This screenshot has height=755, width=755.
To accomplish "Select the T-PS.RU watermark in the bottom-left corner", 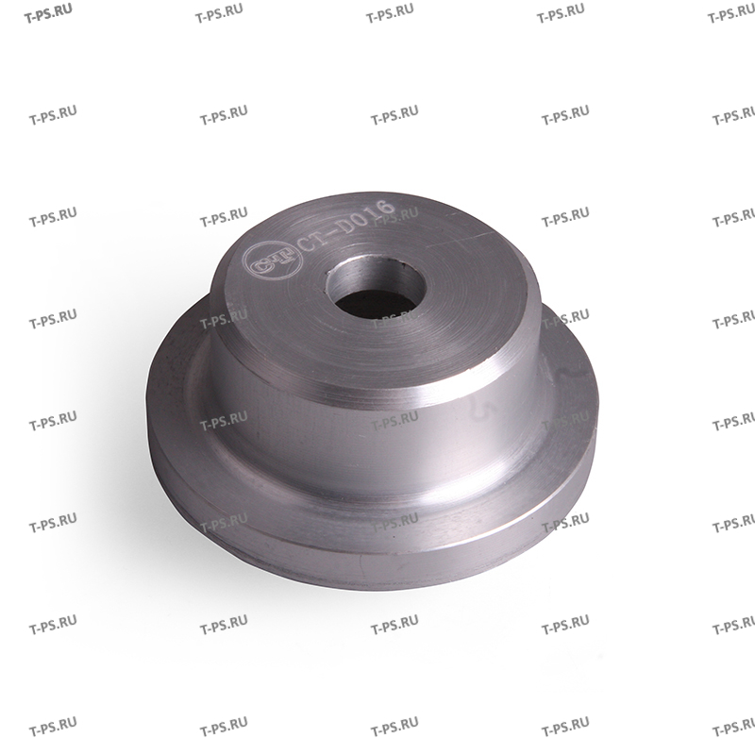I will pos(53,730).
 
